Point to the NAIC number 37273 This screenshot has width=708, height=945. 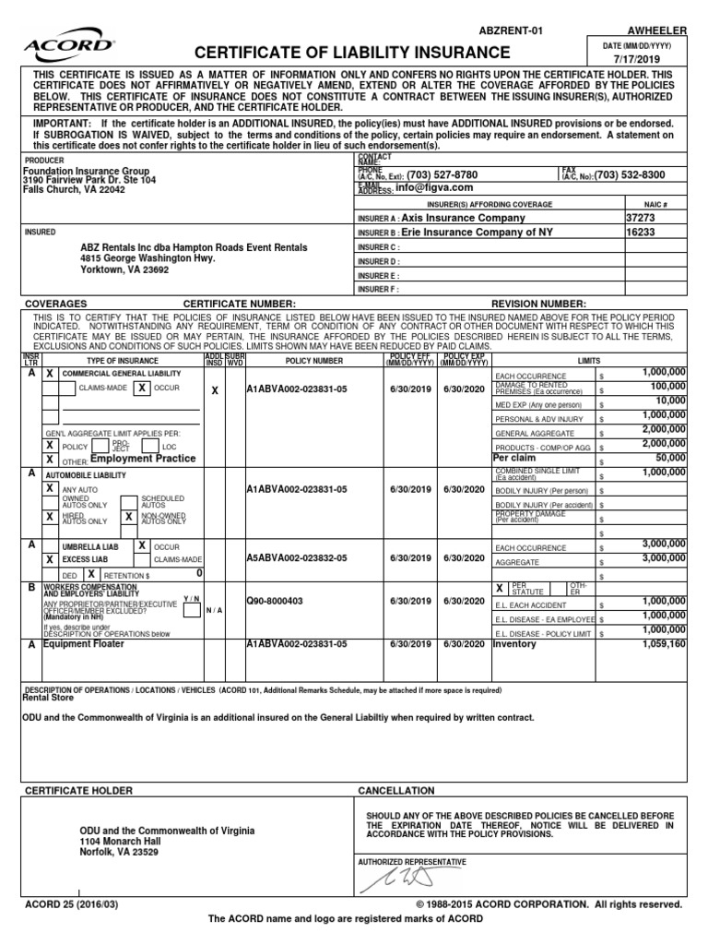pyautogui.click(x=642, y=218)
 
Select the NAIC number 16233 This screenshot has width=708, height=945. pyautogui.click(x=642, y=233)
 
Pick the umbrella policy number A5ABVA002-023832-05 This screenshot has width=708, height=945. pyautogui.click(x=296, y=557)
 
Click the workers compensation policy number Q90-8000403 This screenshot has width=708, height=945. pyautogui.click(x=275, y=600)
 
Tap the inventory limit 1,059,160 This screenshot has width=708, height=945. pyautogui.click(x=660, y=644)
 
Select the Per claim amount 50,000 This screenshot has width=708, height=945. pyautogui.click(x=670, y=457)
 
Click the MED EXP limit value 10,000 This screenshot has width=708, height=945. pyautogui.click(x=670, y=401)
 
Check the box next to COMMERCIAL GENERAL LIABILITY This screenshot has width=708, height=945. pyautogui.click(x=50, y=373)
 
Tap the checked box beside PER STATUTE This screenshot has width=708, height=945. pyautogui.click(x=499, y=587)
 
